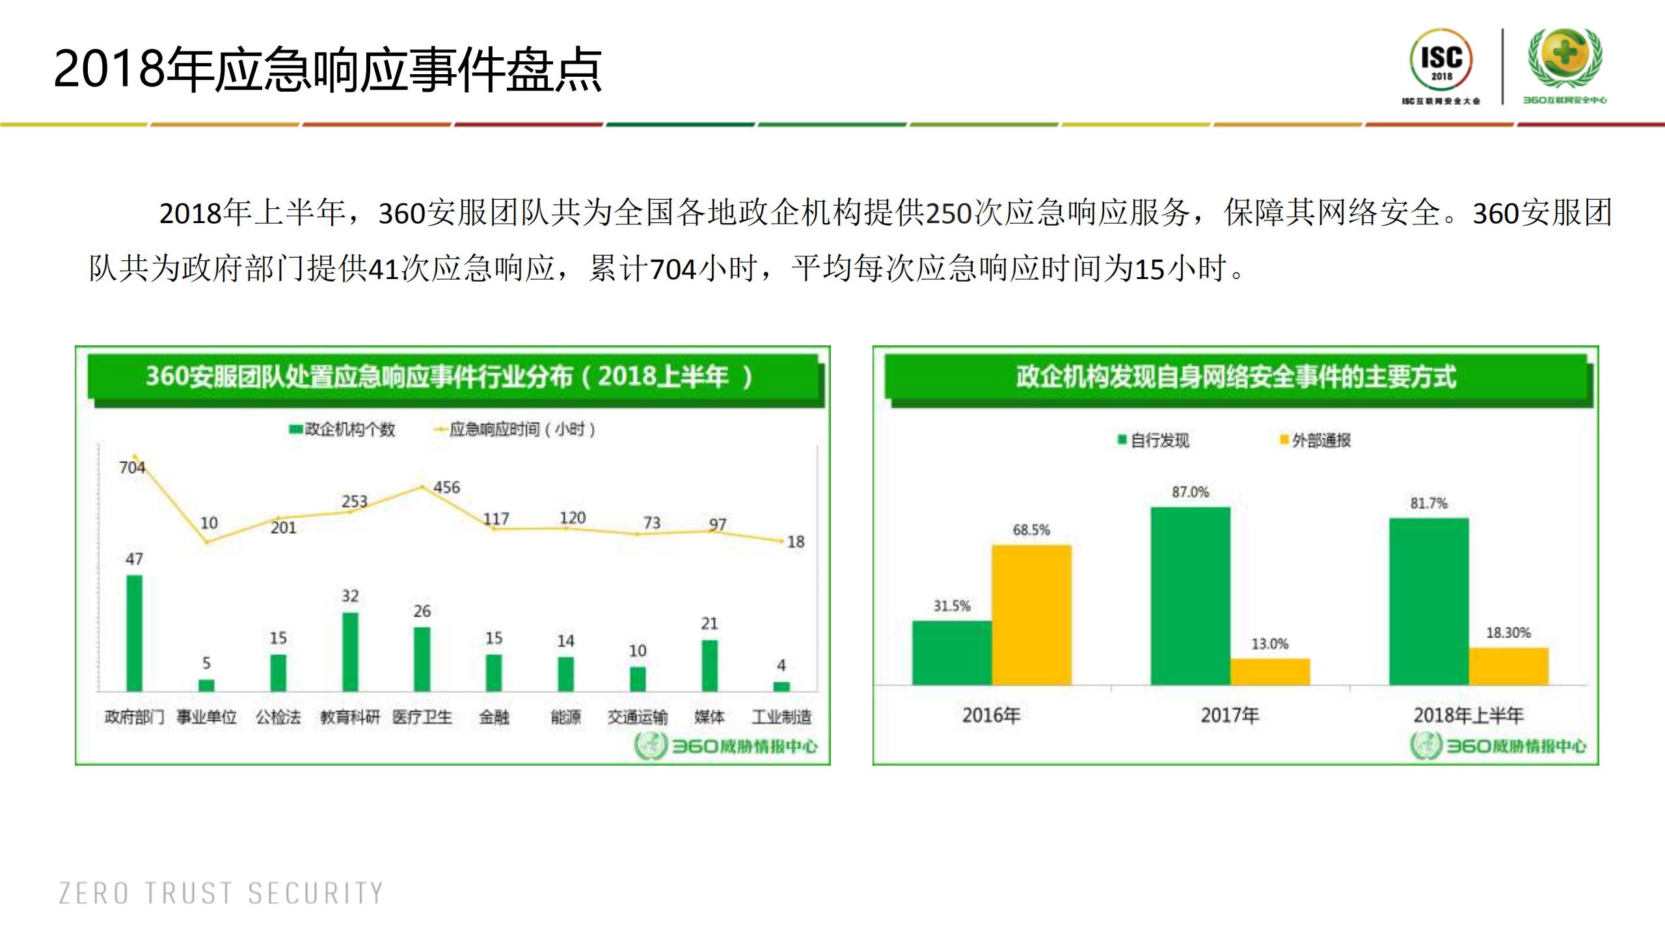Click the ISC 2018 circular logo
(1441, 60)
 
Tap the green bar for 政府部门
(134, 632)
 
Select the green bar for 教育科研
(350, 651)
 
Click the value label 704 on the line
(131, 467)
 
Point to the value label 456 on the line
(446, 487)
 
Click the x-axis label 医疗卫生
(422, 717)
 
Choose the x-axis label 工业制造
(781, 717)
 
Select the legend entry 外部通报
(1315, 440)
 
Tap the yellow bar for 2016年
(1031, 615)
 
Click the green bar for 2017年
(1190, 595)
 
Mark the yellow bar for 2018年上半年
(1508, 666)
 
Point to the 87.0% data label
(1190, 492)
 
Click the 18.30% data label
(1508, 632)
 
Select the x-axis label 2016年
(991, 715)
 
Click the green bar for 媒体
(709, 665)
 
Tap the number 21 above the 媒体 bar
(709, 623)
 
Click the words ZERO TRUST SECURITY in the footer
(221, 893)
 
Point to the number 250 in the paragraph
(948, 213)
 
